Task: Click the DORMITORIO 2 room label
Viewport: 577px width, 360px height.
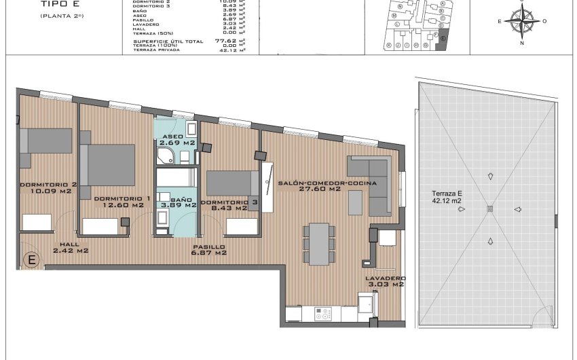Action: pyautogui.click(x=48, y=187)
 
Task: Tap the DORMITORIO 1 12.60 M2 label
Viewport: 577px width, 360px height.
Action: pyautogui.click(x=119, y=201)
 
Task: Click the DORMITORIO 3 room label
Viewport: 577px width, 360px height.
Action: pyautogui.click(x=229, y=206)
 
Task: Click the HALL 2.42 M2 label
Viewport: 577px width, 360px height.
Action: pyautogui.click(x=71, y=247)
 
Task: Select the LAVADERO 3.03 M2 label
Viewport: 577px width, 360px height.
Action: pyautogui.click(x=386, y=281)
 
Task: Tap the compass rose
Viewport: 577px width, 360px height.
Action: pyautogui.click(x=521, y=22)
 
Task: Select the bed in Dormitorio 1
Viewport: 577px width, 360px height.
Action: pyautogui.click(x=107, y=164)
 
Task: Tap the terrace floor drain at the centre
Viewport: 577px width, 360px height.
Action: pyautogui.click(x=489, y=209)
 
